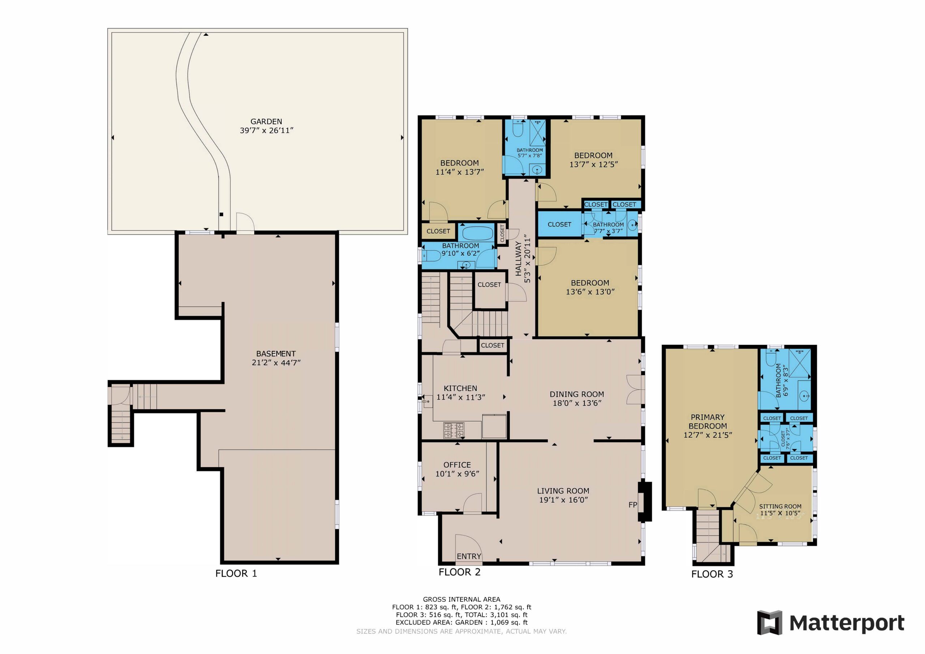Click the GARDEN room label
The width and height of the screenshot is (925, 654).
266,121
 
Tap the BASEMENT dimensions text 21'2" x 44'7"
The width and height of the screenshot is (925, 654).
276,363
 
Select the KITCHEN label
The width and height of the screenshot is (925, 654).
460,388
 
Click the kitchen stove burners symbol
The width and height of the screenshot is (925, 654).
453,430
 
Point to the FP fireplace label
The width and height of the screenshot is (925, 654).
633,504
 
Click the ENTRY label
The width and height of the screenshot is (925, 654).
469,556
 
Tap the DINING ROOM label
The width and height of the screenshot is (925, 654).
577,394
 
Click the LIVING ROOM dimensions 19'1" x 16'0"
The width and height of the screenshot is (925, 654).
563,500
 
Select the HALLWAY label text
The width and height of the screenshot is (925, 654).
519,259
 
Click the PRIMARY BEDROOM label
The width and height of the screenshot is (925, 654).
707,422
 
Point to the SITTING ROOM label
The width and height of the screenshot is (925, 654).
780,506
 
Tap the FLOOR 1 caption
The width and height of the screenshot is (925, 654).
236,573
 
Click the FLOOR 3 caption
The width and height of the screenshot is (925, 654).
712,574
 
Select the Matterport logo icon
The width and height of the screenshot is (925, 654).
770,623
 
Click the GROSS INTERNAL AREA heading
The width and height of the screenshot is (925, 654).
461,599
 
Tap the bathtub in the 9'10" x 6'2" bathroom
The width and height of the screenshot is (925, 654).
477,233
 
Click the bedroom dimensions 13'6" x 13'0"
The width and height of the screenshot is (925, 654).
590,291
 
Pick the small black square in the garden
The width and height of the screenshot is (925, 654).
221,215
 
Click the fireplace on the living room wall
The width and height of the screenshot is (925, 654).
645,501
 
